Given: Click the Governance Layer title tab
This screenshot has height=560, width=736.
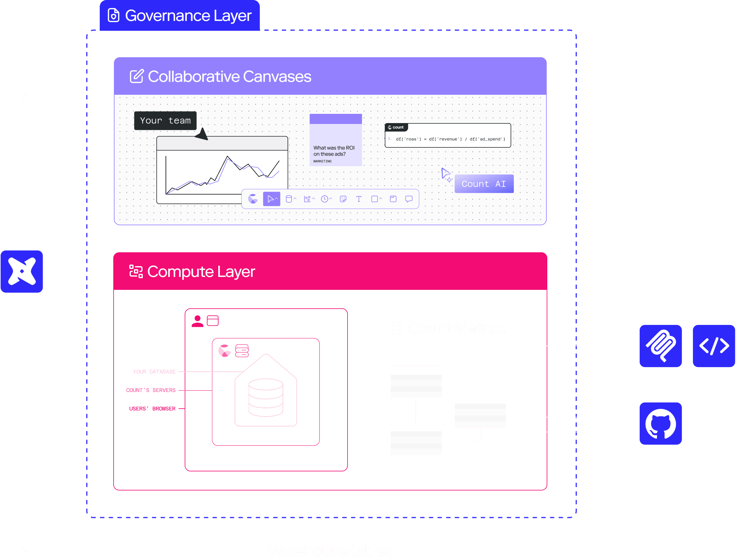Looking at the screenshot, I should point(180,16).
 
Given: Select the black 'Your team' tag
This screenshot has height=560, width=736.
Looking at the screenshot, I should point(165,121).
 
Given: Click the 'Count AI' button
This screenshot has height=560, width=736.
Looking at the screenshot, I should point(484,184).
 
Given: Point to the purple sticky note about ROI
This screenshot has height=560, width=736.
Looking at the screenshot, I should point(336,140).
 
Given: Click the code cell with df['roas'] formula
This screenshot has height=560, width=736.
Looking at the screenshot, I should point(448,136).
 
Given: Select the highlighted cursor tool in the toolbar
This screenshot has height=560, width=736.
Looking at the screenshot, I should point(271,199).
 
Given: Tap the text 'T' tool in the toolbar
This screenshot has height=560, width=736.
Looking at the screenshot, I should point(359,199).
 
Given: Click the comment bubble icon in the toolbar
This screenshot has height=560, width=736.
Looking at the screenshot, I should point(408,199).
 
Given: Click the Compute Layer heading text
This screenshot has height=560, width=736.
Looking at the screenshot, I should point(201,272).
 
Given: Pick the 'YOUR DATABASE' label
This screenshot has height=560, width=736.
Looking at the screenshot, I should point(154,372).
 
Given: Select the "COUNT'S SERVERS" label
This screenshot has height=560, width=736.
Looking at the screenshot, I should point(151,390).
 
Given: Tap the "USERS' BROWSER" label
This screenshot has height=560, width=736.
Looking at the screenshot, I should point(152,408).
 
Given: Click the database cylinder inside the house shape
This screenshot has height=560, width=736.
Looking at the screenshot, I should point(266,397).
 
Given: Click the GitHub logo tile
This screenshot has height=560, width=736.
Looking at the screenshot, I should point(660,424).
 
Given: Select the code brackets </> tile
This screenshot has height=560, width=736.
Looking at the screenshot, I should point(714,346).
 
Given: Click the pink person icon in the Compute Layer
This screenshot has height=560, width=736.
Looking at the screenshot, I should point(197,321).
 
